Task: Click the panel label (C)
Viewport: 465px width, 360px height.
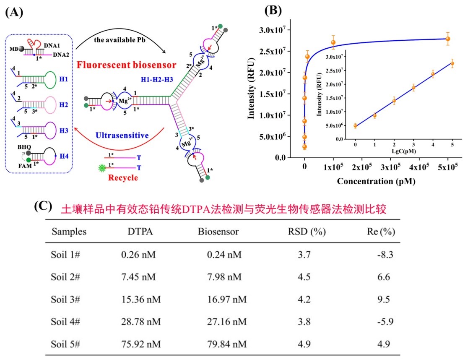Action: (43, 206)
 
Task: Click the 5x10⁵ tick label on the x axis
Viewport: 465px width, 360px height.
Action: (448, 167)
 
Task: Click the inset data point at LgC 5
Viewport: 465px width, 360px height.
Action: (452, 63)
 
